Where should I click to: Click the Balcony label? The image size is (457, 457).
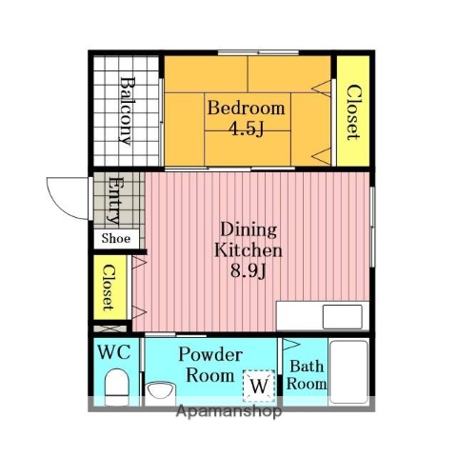click(127, 110)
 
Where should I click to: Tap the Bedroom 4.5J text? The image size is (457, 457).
click(247, 117)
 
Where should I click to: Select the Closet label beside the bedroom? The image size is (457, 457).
click(352, 112)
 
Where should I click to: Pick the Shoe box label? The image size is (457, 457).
click(116, 238)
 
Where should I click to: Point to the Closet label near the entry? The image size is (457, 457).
click(109, 288)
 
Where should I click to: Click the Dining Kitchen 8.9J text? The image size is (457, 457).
click(248, 250)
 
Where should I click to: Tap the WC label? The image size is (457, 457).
click(114, 352)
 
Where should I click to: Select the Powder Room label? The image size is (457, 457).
click(210, 365)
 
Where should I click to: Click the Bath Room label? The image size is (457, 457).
click(307, 375)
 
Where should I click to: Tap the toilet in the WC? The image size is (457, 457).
click(117, 387)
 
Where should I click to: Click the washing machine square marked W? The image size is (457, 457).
click(259, 386)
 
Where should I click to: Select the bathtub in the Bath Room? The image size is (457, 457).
click(348, 372)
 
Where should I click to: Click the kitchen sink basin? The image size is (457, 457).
click(343, 316)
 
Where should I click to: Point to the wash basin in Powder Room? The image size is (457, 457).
click(160, 392)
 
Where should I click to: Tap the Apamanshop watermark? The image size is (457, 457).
click(228, 411)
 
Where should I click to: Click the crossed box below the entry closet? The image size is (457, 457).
click(109, 328)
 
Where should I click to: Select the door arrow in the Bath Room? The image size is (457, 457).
click(291, 345)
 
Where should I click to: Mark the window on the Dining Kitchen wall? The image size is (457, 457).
click(372, 227)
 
